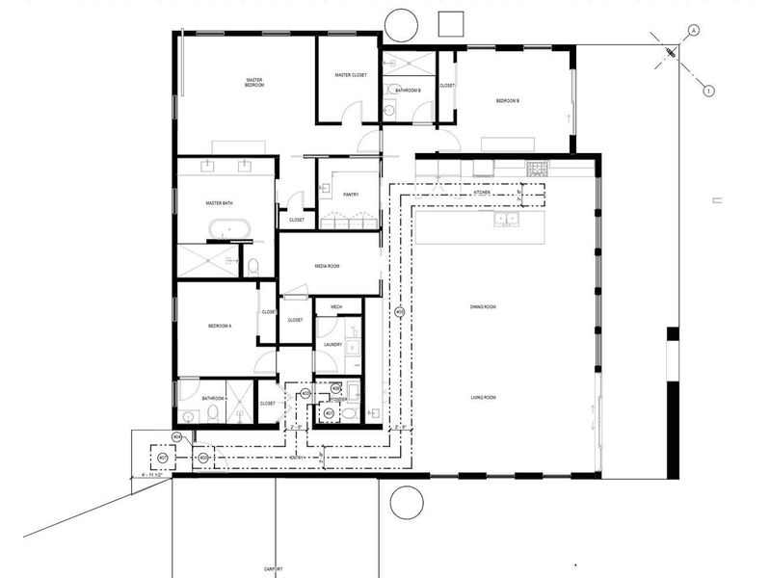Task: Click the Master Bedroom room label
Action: [254, 83]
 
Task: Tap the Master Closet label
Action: [351, 75]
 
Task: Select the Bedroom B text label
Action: [508, 101]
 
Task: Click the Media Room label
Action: [327, 267]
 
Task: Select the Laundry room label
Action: [333, 344]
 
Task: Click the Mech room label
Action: [336, 306]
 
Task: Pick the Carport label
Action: [274, 568]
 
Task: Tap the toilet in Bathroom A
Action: [213, 414]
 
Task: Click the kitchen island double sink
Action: [505, 219]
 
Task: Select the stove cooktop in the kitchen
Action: [537, 168]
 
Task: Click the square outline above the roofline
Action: [451, 23]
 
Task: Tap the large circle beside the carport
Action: [406, 502]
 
